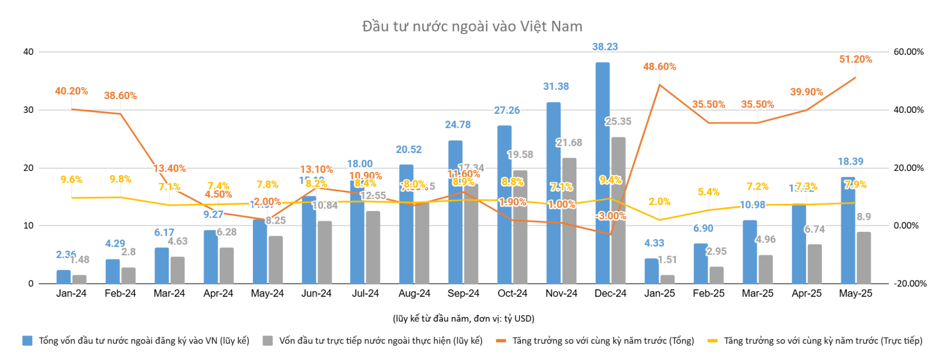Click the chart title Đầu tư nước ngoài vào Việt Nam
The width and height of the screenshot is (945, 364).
472,26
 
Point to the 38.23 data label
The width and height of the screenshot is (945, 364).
605,47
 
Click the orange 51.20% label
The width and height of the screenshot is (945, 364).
855,59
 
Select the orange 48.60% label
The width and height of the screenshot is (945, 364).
659,67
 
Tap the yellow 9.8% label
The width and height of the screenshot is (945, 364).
120,179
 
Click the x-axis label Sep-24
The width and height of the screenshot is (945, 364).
463,293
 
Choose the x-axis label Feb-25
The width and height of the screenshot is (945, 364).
708,293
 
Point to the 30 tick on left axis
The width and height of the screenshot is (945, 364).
28,110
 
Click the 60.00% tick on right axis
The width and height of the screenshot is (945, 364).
908,52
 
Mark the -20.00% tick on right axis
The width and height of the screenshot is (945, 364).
910,284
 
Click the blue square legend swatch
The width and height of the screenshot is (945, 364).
27,341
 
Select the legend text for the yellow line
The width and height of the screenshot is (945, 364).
823,341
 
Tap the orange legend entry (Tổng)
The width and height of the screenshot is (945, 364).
603,341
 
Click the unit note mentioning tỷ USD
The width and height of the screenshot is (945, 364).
463,319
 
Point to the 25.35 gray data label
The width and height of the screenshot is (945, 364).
618,121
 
